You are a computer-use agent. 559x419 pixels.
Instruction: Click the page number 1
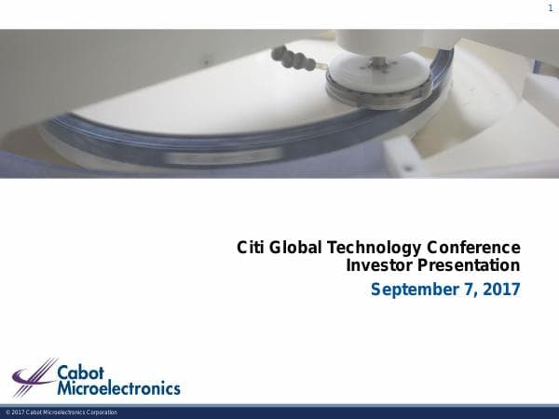(x=550, y=8)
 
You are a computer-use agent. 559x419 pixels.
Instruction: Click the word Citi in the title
(x=251, y=248)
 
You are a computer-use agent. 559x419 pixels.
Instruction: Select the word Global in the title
(x=294, y=248)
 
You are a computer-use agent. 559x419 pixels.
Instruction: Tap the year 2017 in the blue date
(x=500, y=290)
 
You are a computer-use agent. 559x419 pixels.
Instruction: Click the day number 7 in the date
(x=469, y=290)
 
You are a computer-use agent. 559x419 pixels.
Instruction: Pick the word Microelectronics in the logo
(x=118, y=386)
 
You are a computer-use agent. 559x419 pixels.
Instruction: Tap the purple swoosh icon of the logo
(x=34, y=377)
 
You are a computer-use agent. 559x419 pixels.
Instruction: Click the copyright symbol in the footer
(x=7, y=412)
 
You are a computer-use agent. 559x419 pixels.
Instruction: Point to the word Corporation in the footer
(x=101, y=412)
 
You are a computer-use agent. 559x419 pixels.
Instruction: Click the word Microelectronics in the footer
(x=62, y=412)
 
